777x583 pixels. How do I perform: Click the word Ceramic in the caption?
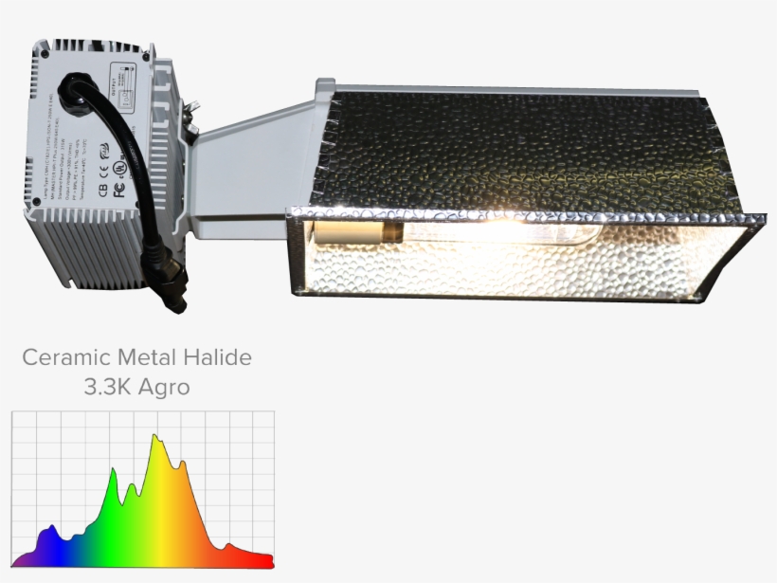click(63, 358)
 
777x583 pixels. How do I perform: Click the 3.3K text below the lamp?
click(107, 388)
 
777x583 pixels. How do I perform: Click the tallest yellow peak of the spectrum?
click(157, 442)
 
